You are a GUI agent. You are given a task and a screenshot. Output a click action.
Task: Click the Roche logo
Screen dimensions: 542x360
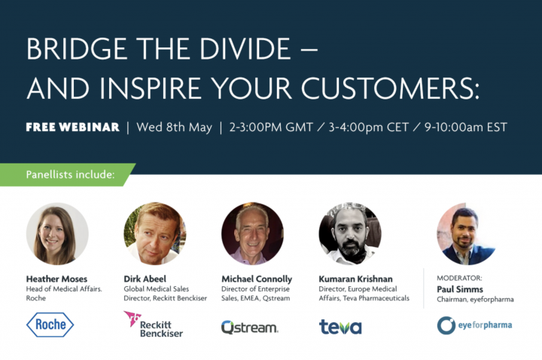(50, 325)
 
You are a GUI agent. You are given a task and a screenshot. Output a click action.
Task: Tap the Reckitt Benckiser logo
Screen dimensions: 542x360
(154, 324)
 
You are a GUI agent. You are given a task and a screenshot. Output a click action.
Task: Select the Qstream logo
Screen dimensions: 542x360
(250, 327)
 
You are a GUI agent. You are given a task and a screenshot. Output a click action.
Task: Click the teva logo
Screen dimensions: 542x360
(340, 327)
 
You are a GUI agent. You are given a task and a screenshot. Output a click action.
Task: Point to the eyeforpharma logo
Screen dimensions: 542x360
(474, 325)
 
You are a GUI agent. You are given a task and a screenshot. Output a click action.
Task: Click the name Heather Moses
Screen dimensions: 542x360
(56, 279)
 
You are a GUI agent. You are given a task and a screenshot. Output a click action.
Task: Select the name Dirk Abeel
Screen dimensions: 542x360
(145, 279)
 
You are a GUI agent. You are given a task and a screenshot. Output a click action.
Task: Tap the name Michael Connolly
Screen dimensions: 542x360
(257, 279)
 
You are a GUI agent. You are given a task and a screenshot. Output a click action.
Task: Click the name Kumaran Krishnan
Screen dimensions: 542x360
(355, 279)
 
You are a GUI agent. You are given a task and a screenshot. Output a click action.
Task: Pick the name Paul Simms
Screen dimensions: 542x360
(460, 289)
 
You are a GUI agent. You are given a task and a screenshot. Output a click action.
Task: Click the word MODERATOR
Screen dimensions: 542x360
(459, 278)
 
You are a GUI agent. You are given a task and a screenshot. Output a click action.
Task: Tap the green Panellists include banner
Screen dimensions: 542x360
(68, 175)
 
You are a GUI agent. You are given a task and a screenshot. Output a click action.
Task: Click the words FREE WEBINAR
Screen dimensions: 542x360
(72, 127)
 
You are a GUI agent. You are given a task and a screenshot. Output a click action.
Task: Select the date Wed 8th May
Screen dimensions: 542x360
(174, 127)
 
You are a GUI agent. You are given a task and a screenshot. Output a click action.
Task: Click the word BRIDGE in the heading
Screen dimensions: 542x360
(77, 49)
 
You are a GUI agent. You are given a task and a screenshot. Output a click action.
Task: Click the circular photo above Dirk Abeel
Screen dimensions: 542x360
(155, 233)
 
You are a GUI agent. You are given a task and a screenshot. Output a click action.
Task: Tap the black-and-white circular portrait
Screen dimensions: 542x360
(350, 233)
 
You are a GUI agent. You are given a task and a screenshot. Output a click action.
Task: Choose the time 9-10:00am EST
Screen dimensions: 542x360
(466, 127)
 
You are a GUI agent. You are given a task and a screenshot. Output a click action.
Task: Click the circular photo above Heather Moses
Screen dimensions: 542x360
(57, 233)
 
